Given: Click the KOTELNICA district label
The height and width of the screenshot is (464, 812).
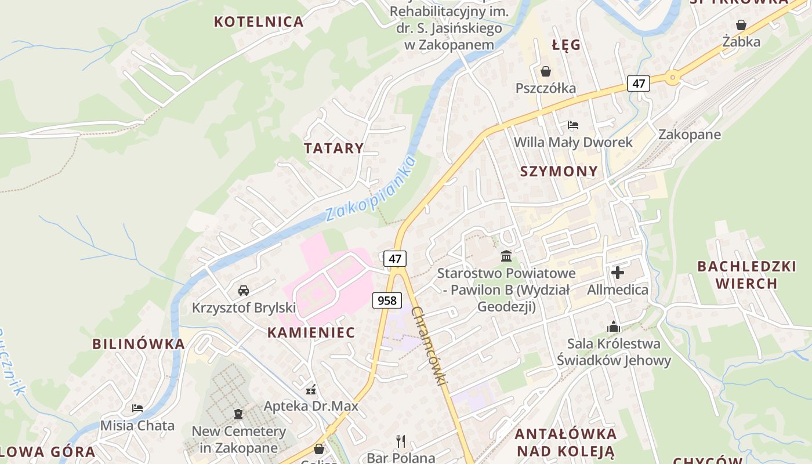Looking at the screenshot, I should click(259, 22).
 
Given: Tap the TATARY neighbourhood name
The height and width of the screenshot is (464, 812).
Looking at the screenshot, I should click(334, 148).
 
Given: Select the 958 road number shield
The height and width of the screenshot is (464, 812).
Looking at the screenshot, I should click(387, 300).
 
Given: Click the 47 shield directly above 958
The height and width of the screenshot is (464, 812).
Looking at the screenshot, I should click(395, 259).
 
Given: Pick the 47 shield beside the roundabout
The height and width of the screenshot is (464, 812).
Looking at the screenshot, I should click(639, 84).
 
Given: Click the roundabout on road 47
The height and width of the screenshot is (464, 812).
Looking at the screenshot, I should click(672, 76).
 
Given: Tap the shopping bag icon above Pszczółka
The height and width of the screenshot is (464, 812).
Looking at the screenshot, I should click(546, 71).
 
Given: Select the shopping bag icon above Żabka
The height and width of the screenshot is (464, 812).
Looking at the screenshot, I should click(741, 25).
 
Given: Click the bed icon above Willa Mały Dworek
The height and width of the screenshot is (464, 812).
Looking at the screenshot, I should click(573, 125).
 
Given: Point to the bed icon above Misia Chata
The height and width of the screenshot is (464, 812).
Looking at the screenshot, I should click(137, 408).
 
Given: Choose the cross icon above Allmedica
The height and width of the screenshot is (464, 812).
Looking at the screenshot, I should click(618, 272).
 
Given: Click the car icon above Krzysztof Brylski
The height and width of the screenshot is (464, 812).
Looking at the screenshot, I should click(244, 290).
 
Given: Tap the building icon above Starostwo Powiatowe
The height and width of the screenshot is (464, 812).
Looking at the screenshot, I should click(506, 256).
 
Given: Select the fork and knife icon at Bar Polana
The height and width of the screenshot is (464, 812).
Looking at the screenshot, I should click(401, 441).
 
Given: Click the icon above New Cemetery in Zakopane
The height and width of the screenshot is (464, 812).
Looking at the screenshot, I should click(238, 414).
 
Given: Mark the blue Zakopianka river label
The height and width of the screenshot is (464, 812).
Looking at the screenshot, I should click(371, 189).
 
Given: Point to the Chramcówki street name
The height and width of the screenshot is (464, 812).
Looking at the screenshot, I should click(430, 346).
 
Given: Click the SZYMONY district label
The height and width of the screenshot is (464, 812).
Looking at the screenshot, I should click(559, 171).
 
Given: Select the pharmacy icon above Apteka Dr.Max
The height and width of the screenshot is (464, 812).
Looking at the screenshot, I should click(311, 389).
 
